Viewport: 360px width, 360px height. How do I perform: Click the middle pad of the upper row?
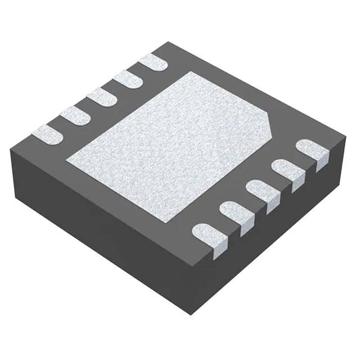[x=101, y=96]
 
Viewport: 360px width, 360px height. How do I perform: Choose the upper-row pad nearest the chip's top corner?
[x=153, y=62]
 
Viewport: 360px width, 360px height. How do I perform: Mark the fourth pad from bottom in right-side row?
[x=287, y=170]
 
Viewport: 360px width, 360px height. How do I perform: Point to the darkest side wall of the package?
[x=101, y=225]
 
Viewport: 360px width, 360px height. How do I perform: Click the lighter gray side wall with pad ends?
[x=281, y=225]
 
